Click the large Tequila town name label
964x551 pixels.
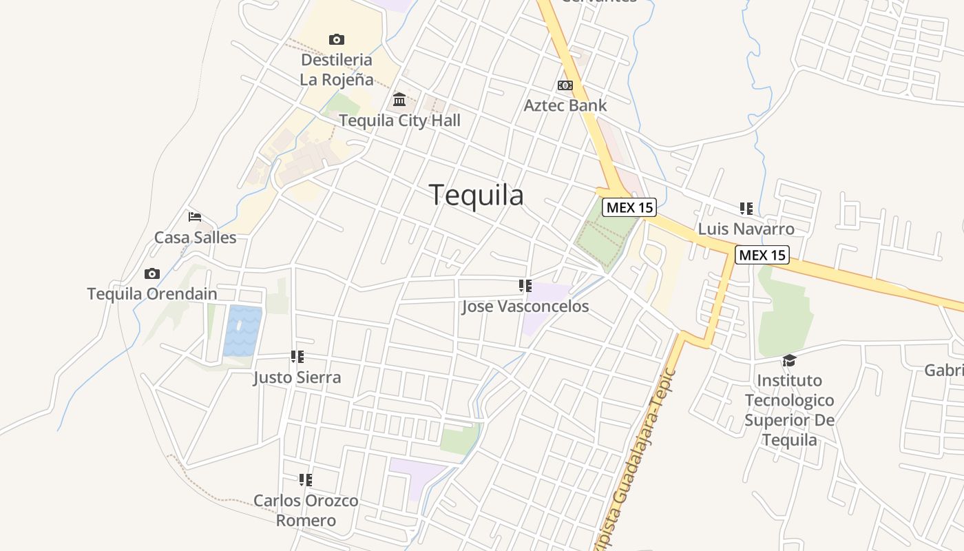pos(476,195)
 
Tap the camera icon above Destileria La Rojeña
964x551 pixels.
pos(336,39)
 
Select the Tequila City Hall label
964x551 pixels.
pos(399,121)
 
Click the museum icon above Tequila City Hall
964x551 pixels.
pos(399,100)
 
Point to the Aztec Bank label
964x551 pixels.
pos(565,105)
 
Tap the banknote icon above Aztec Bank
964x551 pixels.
pos(565,85)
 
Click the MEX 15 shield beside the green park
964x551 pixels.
pos(629,207)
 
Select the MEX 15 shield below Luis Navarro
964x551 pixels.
pos(762,255)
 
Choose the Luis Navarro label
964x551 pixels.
pos(746,229)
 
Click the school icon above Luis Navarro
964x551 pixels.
pos(746,208)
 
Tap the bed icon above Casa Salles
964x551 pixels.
pos(195,217)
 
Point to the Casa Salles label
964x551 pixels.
pos(195,238)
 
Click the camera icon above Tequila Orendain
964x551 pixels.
pos(152,273)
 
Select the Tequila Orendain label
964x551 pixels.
pos(152,294)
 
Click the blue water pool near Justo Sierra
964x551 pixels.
pos(242,331)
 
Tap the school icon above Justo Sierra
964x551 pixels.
pos(297,357)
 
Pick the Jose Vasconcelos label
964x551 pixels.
pos(525,306)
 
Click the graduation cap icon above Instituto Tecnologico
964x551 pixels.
pos(789,360)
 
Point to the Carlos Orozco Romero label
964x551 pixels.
pos(306,510)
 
